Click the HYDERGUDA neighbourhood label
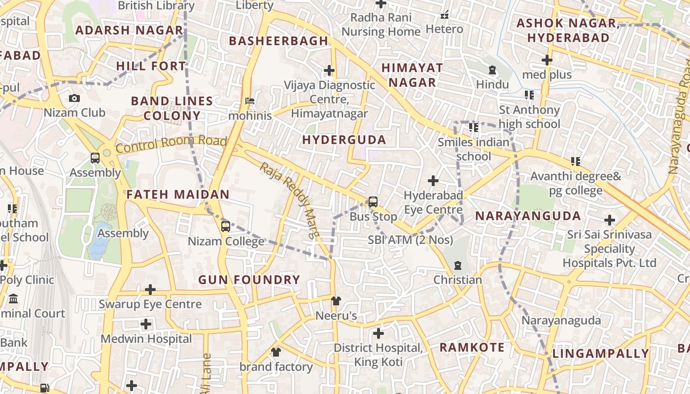(344, 140)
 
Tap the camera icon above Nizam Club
(74, 98)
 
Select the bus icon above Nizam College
(225, 227)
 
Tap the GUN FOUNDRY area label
(249, 280)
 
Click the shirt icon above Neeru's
(336, 300)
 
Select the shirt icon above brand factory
(276, 352)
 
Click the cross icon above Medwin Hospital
(146, 324)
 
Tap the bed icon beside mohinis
(250, 101)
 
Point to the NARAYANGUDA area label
(528, 216)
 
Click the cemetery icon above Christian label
(458, 265)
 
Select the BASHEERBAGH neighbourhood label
(278, 41)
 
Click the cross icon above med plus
(547, 60)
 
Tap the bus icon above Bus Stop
(373, 201)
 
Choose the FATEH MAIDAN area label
(178, 195)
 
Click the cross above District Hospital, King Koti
(378, 333)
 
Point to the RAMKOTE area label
(472, 347)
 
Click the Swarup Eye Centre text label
(150, 304)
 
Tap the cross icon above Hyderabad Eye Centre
(433, 181)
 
